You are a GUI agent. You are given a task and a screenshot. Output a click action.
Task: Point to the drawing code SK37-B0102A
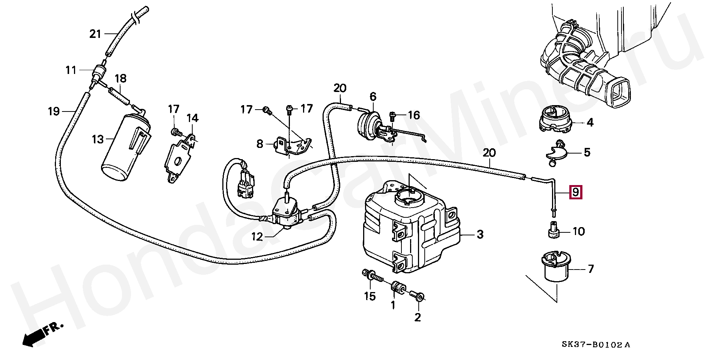coord(596,345)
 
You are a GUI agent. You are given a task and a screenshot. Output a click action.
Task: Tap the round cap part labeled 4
coord(555,119)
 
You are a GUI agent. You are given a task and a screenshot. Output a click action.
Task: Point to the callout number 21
coord(95,34)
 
